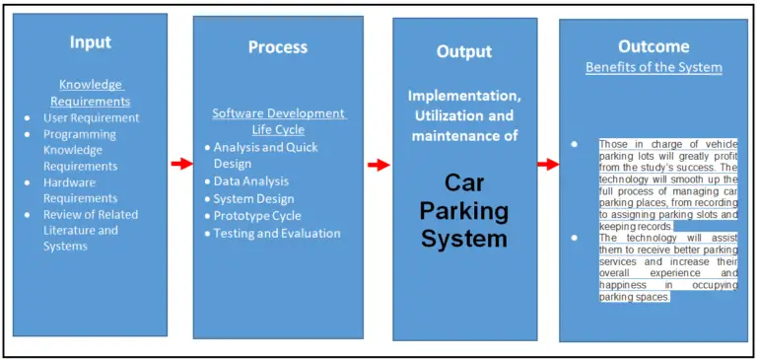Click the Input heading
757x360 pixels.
point(90,42)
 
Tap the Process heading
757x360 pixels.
point(277,47)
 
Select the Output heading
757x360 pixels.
point(464,51)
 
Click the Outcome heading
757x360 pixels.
point(653,46)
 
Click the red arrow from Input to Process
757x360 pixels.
point(180,164)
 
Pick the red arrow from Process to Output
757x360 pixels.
point(378,164)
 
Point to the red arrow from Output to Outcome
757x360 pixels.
point(548,164)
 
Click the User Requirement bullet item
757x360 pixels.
point(91,118)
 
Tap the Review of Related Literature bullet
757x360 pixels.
point(90,230)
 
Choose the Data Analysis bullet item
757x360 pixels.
point(251,181)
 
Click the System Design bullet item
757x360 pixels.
point(254,198)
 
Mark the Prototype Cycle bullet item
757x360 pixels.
point(257,216)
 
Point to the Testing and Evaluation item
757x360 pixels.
point(277,234)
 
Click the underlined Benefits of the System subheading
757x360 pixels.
point(654,68)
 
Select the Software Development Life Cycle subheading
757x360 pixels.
point(279,121)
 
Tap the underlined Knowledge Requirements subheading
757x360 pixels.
point(90,93)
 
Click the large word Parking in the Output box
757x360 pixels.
point(464,210)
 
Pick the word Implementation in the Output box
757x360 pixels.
point(463,97)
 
